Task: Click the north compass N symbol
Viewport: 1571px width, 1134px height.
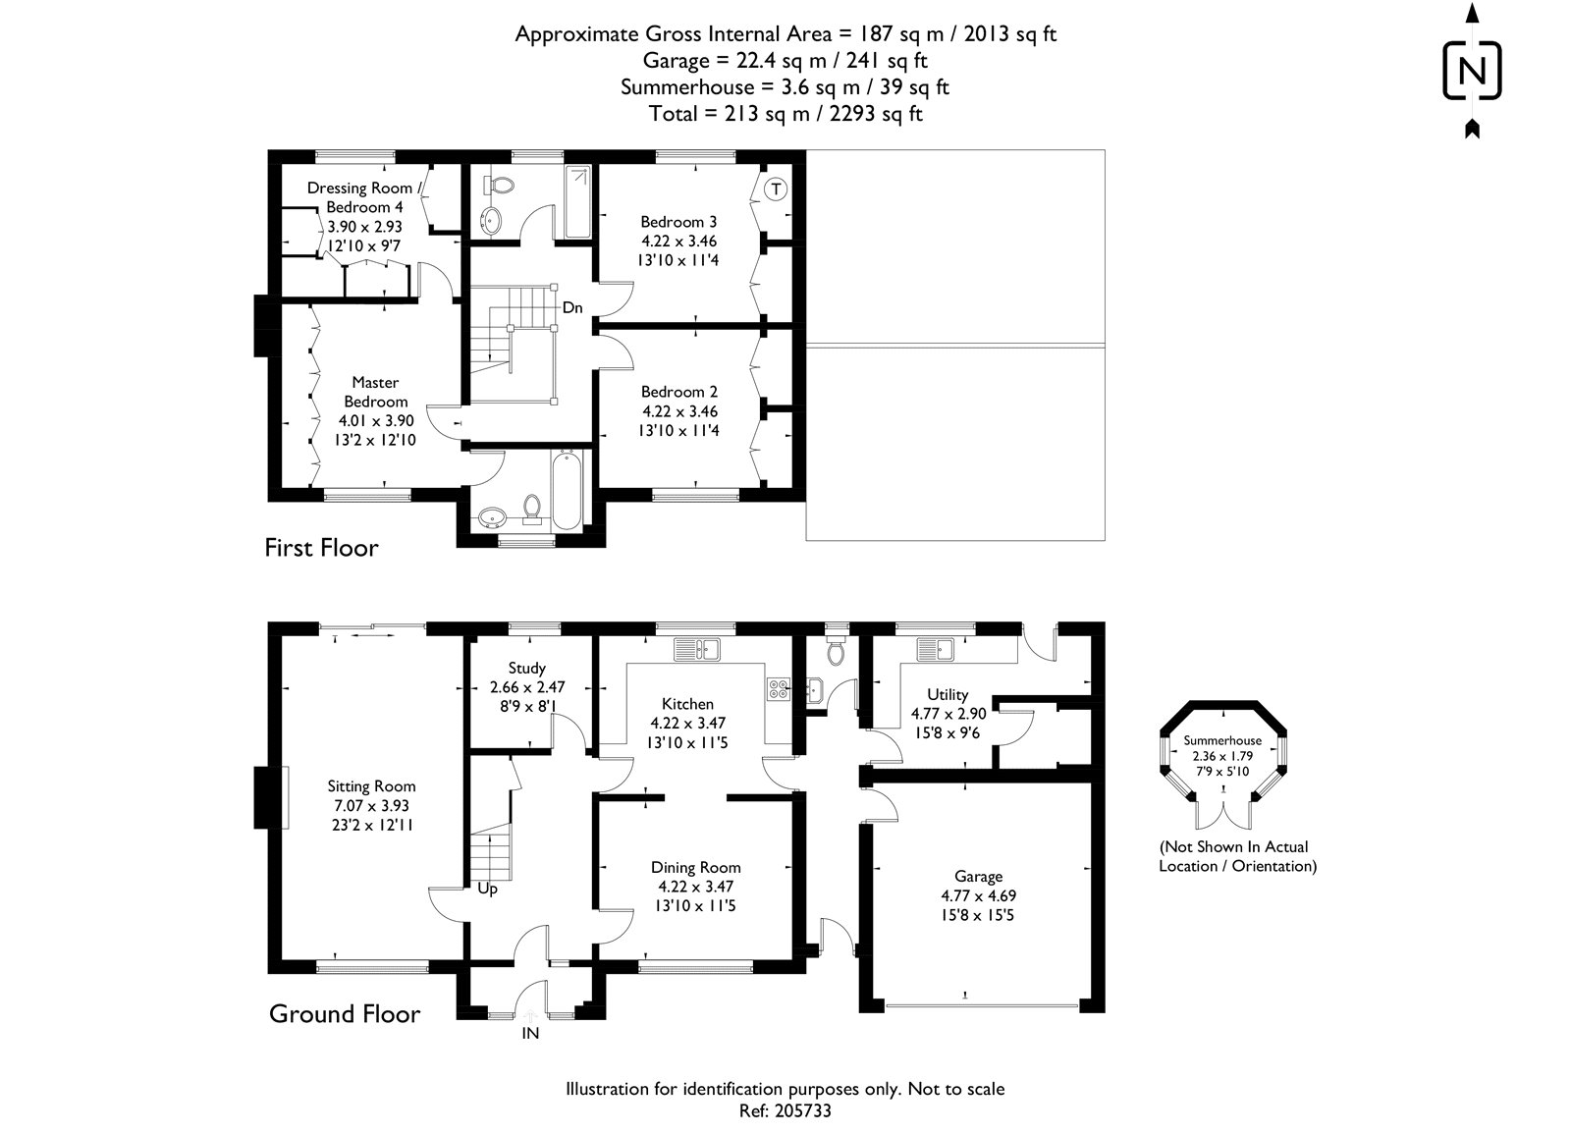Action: click(x=1471, y=71)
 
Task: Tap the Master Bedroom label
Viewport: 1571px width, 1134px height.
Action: click(x=375, y=392)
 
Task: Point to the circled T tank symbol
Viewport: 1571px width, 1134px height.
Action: click(x=776, y=189)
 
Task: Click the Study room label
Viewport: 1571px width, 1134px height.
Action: click(x=527, y=669)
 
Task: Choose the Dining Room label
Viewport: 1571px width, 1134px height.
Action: click(x=695, y=867)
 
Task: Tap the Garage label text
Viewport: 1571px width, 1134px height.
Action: click(x=978, y=876)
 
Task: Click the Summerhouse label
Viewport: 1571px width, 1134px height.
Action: click(x=1222, y=740)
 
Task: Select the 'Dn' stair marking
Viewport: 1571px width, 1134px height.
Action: click(x=572, y=308)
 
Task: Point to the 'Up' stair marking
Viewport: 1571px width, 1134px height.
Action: click(x=487, y=890)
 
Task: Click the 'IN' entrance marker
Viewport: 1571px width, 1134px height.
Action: click(x=530, y=1033)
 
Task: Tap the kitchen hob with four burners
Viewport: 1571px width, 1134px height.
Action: click(x=779, y=689)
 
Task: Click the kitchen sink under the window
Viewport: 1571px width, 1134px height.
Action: click(x=697, y=649)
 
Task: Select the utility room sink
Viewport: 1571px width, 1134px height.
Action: click(x=938, y=649)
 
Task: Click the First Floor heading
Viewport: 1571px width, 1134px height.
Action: click(x=321, y=548)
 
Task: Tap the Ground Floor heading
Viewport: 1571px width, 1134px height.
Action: click(x=345, y=1014)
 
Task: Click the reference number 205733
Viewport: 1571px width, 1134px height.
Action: click(x=803, y=1111)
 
